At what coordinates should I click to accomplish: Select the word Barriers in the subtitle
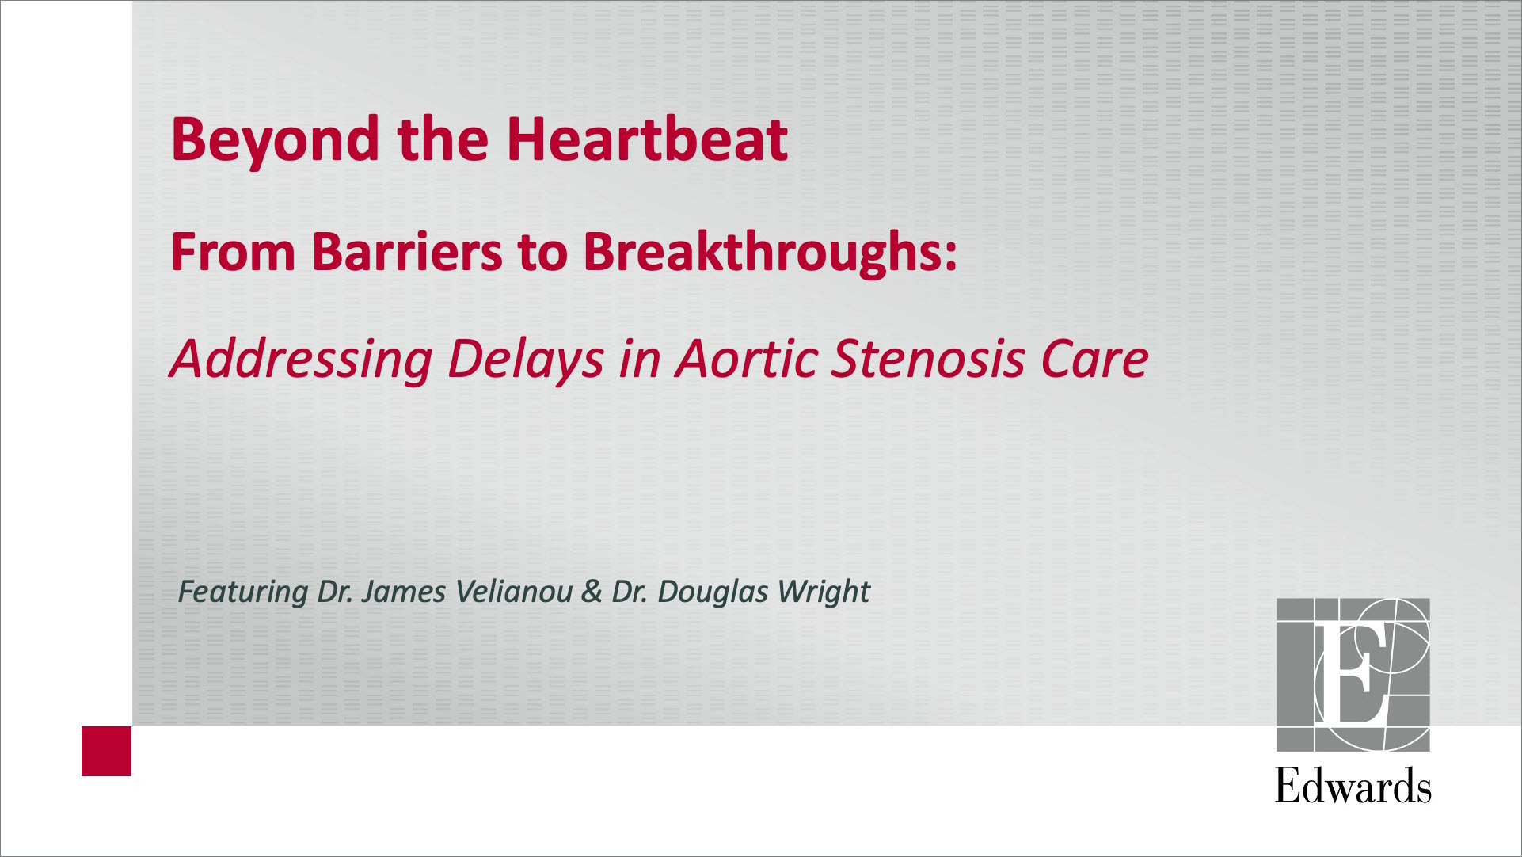click(407, 252)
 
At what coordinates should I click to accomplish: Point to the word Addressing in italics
click(301, 360)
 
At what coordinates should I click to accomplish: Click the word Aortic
click(746, 359)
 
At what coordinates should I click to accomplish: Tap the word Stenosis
click(929, 359)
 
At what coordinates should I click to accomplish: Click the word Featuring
click(243, 592)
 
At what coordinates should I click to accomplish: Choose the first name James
click(403, 592)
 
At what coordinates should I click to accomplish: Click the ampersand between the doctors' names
click(592, 592)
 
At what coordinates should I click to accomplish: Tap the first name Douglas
click(713, 592)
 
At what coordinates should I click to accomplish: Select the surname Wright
click(824, 592)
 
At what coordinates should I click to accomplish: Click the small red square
click(106, 751)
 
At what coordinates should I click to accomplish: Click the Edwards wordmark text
click(1353, 786)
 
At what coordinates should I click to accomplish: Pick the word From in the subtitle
click(233, 253)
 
